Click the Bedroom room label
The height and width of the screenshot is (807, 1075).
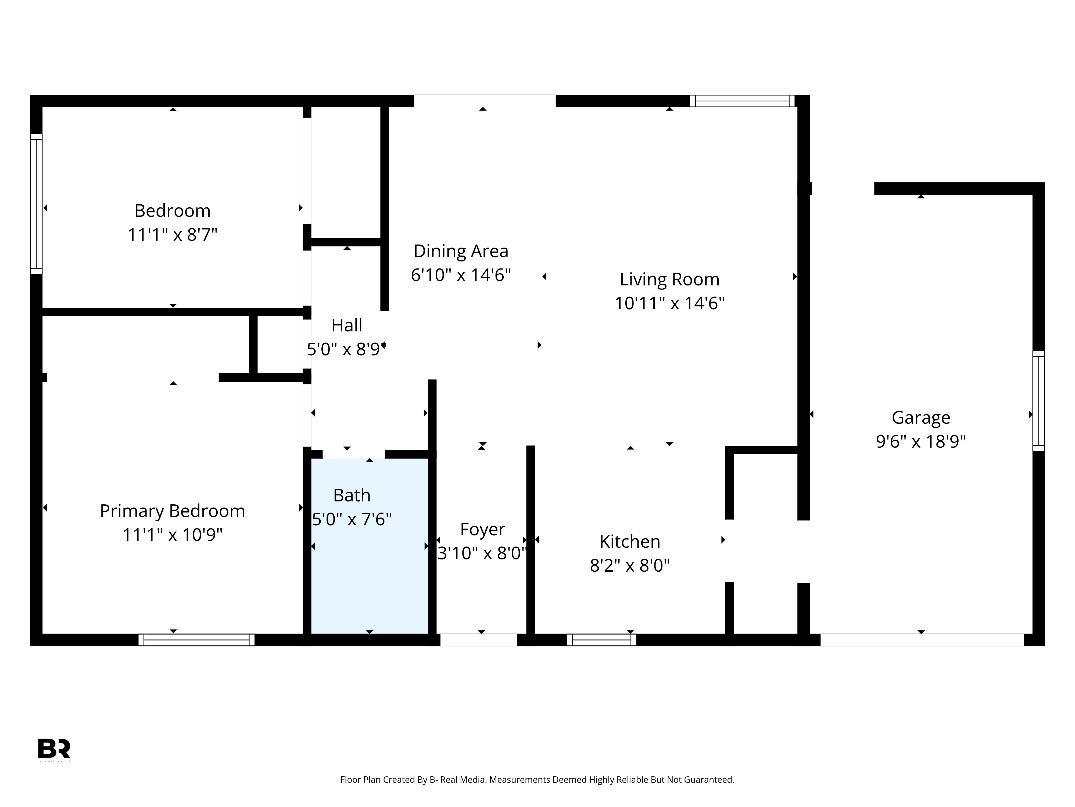[x=173, y=211]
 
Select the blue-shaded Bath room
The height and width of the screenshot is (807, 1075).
[x=369, y=546]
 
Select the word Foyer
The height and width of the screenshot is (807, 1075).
[x=483, y=529]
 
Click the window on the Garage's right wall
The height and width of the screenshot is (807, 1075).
[x=1038, y=401]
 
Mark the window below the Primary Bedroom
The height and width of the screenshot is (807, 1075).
[x=196, y=640]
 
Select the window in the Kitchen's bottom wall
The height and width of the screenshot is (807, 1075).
[x=602, y=640]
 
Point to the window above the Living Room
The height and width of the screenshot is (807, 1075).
[x=742, y=101]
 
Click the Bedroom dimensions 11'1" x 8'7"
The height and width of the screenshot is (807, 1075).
[x=173, y=235]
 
